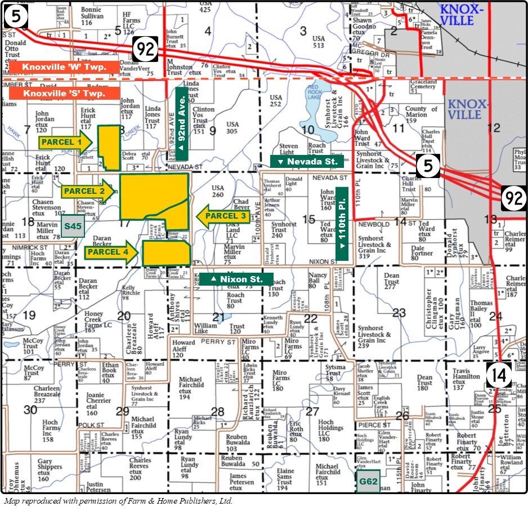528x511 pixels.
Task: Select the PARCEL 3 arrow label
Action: (222, 216)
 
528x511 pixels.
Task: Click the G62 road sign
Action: (368, 482)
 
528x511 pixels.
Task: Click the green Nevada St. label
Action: (307, 162)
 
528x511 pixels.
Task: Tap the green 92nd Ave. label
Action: (182, 119)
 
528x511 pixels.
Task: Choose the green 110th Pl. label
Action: (342, 222)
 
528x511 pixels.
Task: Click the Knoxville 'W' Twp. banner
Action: (64, 67)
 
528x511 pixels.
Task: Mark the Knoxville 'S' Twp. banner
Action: (64, 93)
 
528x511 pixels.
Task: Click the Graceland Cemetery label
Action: (423, 83)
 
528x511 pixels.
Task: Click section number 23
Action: (399, 313)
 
